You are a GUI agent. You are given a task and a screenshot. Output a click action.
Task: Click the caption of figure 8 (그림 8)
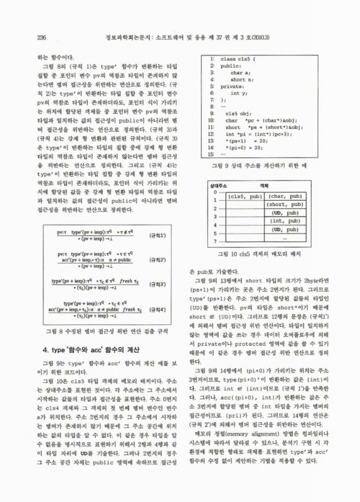coord(102,331)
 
